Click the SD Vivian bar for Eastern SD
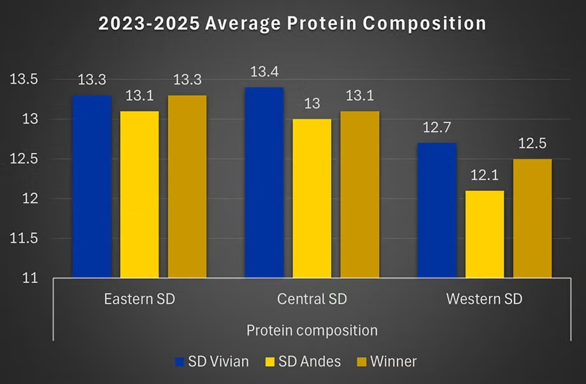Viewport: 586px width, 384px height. [92, 186]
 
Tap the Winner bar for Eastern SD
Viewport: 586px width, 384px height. [187, 186]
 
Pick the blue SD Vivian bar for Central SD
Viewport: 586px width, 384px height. [264, 182]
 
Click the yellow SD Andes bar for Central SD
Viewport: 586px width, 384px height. [311, 198]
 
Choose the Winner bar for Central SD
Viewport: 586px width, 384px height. [359, 195]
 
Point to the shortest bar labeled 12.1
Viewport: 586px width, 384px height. [484, 234]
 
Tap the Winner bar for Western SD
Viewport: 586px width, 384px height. [532, 218]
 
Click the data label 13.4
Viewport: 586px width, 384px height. [264, 74]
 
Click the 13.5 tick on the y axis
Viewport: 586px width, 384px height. [24, 80]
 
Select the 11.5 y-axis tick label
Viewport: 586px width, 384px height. [24, 239]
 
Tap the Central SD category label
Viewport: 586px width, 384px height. [311, 299]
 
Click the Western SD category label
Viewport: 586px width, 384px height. [484, 299]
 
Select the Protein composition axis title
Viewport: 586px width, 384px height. [311, 330]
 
